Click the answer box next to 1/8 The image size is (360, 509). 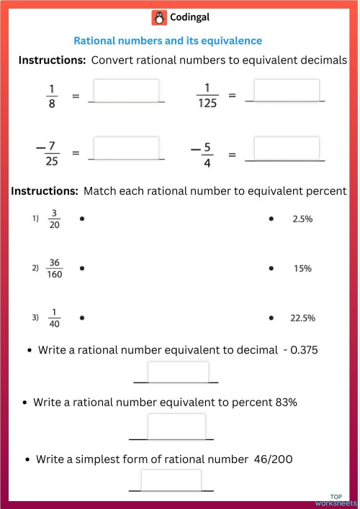(126, 91)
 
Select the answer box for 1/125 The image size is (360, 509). (286, 91)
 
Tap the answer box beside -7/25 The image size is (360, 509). (126, 148)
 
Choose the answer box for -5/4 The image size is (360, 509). (286, 148)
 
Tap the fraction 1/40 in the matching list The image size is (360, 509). (55, 317)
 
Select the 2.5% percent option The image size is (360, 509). (302, 219)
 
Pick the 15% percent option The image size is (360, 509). (302, 268)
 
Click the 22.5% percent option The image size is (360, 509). (302, 317)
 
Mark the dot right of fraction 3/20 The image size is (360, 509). (82, 219)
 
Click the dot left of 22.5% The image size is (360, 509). (271, 317)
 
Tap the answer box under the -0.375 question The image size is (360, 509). (178, 372)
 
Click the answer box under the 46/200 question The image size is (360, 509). (171, 480)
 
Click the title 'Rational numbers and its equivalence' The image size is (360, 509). (168, 41)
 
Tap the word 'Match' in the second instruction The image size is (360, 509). (99, 191)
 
